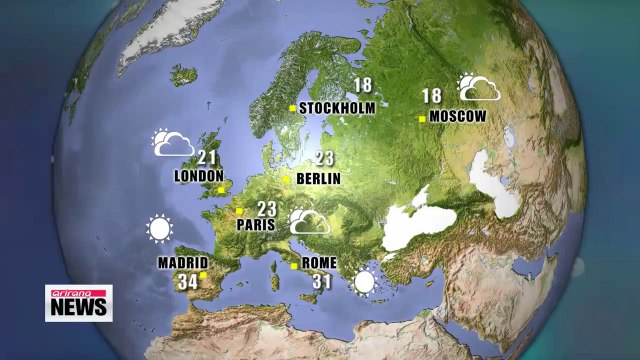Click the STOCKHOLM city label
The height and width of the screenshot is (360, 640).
point(337,108)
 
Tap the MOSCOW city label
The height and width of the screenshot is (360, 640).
point(459,117)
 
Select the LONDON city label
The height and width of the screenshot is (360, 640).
point(198,176)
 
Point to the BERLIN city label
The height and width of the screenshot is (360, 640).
point(319,179)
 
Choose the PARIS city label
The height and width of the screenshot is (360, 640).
point(255,226)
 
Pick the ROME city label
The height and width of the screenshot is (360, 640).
point(320,264)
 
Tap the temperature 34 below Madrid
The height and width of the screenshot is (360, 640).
point(188,282)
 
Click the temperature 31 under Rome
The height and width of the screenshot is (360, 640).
point(322,282)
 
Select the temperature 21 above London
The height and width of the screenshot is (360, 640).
point(208,157)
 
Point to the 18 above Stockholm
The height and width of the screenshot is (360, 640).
point(363,87)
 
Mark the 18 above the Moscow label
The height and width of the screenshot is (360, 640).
point(432,97)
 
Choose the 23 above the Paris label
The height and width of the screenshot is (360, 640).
point(266,209)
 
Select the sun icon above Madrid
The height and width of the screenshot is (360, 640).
point(159,230)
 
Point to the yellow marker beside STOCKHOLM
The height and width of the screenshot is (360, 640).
point(292,108)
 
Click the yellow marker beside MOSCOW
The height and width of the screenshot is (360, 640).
point(423,118)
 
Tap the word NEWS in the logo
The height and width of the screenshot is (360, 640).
point(79,309)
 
